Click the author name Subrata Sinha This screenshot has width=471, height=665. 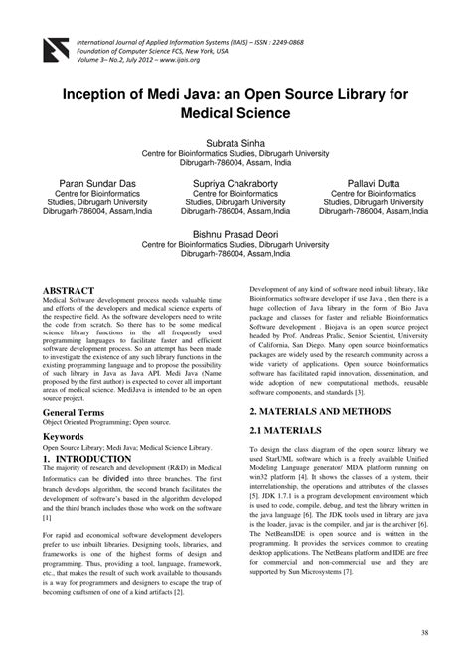(235, 144)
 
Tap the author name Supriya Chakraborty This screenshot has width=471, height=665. (235, 185)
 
